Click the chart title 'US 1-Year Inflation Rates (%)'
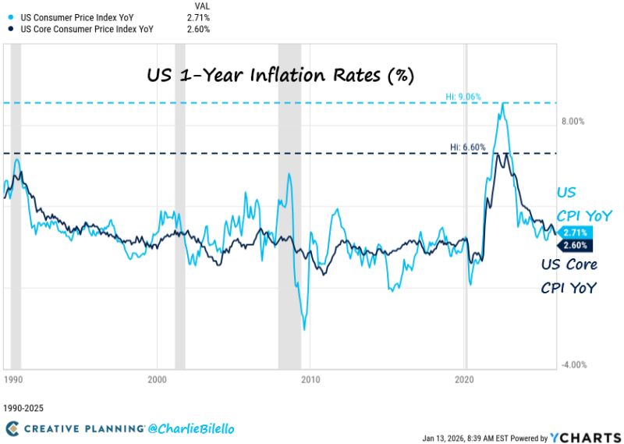tap(280, 76)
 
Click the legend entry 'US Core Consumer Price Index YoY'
tap(75, 29)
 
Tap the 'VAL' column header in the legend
tap(202, 4)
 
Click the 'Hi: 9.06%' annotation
tap(463, 97)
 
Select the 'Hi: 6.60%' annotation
tap(468, 147)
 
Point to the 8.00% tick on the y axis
tap(573, 122)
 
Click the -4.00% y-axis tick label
tap(573, 365)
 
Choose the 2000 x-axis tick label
tap(158, 379)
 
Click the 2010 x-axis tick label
tap(310, 379)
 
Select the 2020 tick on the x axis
tap(465, 379)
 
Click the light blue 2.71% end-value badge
tap(574, 233)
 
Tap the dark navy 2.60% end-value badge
tap(574, 246)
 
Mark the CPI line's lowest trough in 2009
tap(304, 329)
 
